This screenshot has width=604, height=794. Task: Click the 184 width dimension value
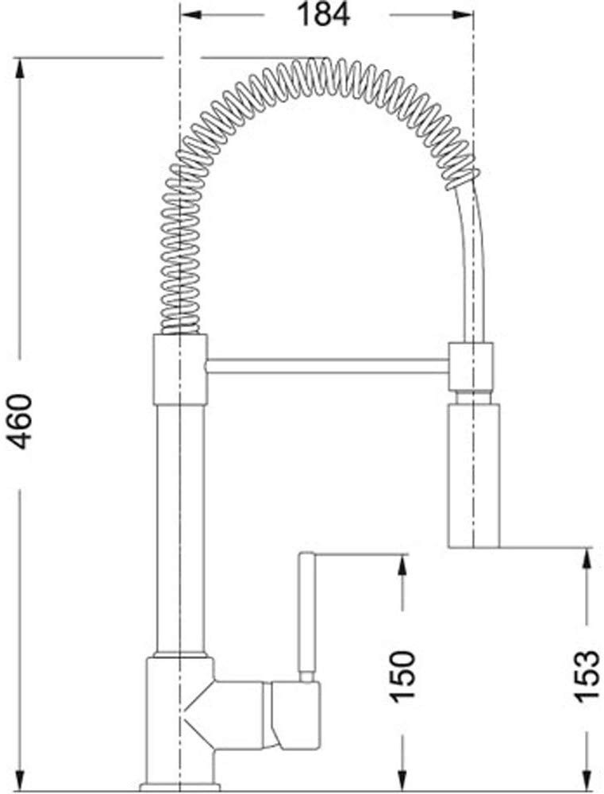pyautogui.click(x=323, y=14)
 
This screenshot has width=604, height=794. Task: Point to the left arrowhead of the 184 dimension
pyautogui.click(x=190, y=14)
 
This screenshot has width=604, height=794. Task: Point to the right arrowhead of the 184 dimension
pyautogui.click(x=463, y=14)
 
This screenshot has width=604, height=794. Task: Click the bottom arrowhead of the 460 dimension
pyautogui.click(x=21, y=780)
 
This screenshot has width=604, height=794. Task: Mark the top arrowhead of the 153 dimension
pyautogui.click(x=587, y=558)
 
